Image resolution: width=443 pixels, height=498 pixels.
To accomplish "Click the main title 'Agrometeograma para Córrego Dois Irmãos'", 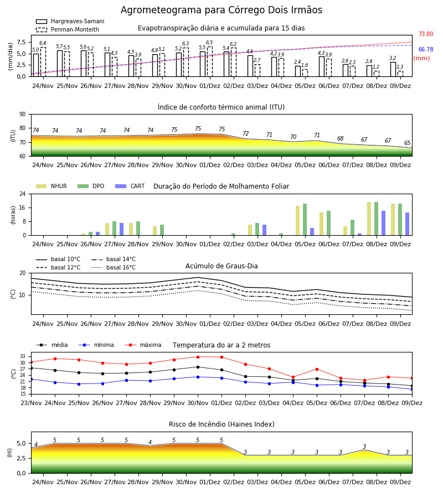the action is [x=221, y=10].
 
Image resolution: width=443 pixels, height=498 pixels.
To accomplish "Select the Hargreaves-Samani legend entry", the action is [x=70, y=21].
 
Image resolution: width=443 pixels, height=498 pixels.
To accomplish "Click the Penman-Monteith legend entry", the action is [x=68, y=29].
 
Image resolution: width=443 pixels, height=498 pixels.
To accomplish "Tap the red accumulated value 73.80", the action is [x=426, y=34].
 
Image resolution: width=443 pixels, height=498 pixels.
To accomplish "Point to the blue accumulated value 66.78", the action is [x=426, y=49].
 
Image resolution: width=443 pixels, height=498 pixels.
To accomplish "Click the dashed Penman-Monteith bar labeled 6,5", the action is [x=210, y=61].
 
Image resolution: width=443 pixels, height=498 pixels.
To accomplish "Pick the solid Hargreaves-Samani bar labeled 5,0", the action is [x=36, y=65].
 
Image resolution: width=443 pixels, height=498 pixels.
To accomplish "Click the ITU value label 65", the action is [x=407, y=143].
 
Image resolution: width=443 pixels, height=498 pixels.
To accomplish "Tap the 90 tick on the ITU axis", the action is [x=23, y=115].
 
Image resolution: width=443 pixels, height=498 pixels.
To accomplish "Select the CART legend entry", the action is [x=130, y=186].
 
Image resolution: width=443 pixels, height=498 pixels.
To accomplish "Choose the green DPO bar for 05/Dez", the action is [x=305, y=220].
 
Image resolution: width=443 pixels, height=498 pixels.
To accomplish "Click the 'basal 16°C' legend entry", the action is [x=114, y=267].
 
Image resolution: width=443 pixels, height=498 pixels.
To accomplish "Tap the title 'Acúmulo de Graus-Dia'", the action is [x=221, y=266].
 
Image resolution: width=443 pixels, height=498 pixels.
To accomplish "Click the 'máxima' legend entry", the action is [x=143, y=345].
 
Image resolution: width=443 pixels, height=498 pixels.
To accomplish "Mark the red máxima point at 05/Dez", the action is [x=317, y=369].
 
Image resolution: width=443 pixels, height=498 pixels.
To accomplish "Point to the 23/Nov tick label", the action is [x=31, y=403].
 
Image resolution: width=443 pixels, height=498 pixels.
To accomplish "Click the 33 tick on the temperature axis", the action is [x=23, y=357].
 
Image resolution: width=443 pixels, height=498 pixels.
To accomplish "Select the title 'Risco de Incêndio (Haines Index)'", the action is [x=221, y=424].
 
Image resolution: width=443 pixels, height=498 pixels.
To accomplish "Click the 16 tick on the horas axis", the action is [x=23, y=207].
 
